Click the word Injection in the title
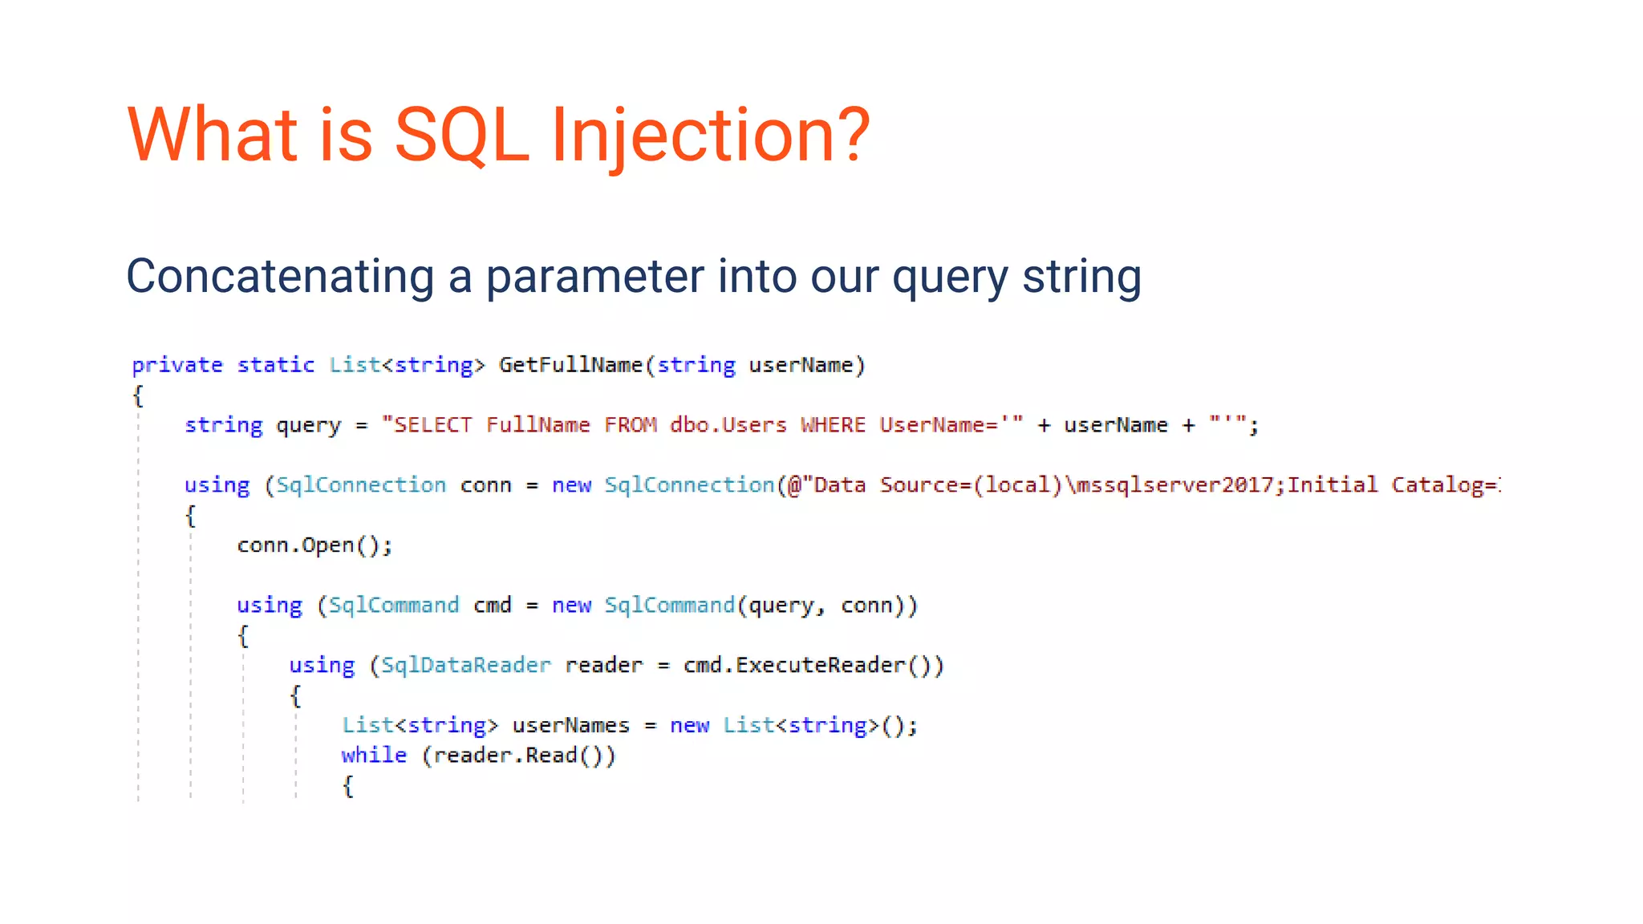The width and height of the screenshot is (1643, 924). [x=710, y=135]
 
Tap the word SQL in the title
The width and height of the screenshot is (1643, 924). [x=461, y=135]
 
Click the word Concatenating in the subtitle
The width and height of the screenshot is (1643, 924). [x=280, y=277]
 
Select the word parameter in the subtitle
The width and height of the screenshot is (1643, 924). [x=594, y=277]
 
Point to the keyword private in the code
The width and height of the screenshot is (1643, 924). [x=177, y=365]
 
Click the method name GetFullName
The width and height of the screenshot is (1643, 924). [x=570, y=365]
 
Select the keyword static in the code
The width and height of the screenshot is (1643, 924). [x=275, y=365]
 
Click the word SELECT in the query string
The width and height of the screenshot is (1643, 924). [x=432, y=425]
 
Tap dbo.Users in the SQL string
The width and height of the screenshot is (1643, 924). [x=728, y=425]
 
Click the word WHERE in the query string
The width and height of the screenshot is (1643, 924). [x=833, y=425]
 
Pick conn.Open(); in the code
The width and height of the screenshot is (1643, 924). [x=314, y=545]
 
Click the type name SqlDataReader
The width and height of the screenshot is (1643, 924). [x=465, y=666]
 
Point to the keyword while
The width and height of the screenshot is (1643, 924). [x=374, y=756]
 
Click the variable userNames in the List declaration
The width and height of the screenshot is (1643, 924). [x=571, y=726]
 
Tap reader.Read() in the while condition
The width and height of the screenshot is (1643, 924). [x=518, y=756]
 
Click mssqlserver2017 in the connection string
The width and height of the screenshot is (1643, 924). [x=1174, y=485]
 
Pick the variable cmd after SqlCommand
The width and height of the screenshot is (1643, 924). [x=492, y=606]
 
